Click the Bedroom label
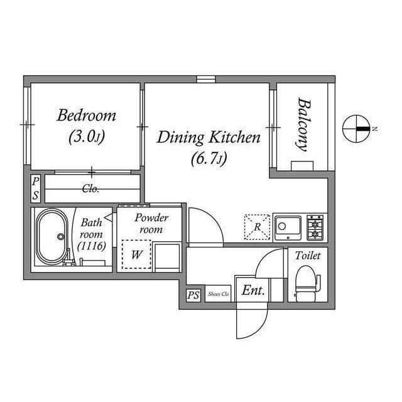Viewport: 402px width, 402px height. [87, 116]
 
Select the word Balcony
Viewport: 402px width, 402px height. [303, 124]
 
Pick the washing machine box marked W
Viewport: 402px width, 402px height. [136, 254]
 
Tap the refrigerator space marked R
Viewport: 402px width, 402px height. [256, 227]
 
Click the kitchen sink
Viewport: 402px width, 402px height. [288, 227]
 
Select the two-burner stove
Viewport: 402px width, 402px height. [315, 227]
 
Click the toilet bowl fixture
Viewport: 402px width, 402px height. [305, 281]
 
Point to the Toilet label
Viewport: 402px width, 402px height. [308, 256]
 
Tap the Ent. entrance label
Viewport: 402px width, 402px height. [253, 291]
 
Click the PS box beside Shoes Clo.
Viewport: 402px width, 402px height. [193, 294]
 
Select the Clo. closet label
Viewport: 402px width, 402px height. [90, 188]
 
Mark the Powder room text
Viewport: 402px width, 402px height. [151, 224]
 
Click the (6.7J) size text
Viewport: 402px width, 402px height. [208, 159]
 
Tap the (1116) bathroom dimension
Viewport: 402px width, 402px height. [92, 246]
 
